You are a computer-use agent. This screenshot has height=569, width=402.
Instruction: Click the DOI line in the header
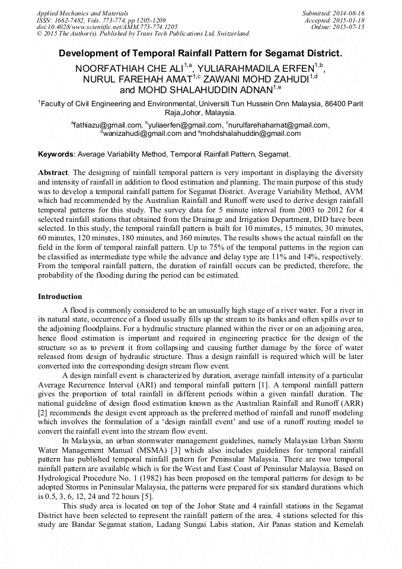(107, 27)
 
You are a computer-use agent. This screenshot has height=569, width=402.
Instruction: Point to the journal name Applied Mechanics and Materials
(82, 13)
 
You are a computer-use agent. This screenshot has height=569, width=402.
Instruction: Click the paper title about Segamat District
(200, 53)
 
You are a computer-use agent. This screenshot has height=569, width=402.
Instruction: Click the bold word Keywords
(56, 154)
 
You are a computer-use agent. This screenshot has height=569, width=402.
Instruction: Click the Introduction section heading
(60, 296)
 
